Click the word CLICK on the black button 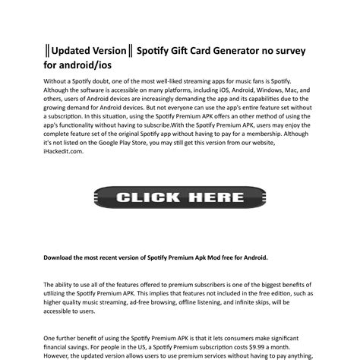click(148, 197)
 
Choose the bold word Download click(61, 257)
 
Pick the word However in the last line click(60, 355)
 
